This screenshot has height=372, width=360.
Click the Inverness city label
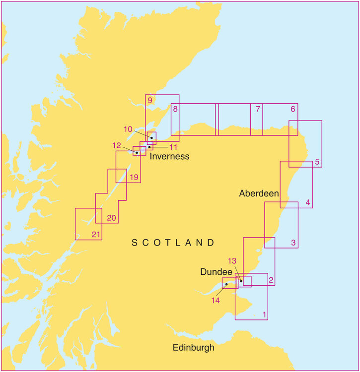pos(170,156)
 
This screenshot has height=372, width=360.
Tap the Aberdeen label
pos(259,193)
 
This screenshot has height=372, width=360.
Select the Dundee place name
pos(216,272)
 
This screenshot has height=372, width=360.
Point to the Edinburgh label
pos(194,348)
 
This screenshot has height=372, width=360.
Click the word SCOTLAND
pos(173,243)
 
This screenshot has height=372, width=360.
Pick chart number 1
pos(265,314)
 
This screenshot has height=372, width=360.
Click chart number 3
pos(293,243)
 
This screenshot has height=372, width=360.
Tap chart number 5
pos(317,162)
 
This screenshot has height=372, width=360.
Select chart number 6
pos(293,109)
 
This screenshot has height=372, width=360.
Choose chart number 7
pos(257,109)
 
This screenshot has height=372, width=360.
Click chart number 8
pos(175,109)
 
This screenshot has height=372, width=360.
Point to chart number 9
pos(149,100)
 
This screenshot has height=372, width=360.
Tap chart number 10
pos(128,129)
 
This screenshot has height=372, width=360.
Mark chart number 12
pos(117,145)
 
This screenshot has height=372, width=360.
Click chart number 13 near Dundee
pos(232,261)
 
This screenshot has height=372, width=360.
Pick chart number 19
pos(134,177)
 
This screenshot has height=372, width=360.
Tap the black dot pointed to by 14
pos(226,284)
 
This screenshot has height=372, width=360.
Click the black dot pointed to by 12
pos(137,153)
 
